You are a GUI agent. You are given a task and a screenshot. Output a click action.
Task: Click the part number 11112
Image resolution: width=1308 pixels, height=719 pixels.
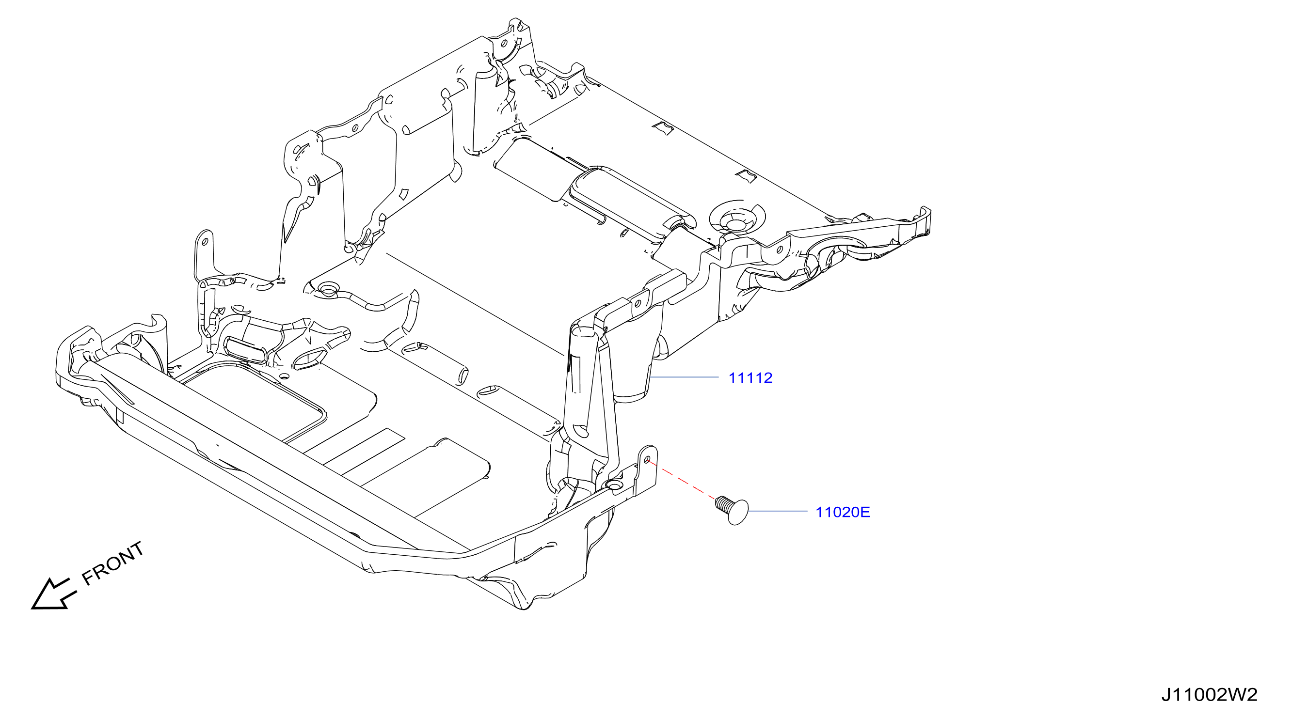[x=750, y=378]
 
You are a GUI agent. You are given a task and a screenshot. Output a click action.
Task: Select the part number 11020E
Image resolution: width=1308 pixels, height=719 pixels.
[x=843, y=512]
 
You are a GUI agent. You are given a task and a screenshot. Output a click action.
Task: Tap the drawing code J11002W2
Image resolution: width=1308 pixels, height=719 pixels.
[x=1209, y=695]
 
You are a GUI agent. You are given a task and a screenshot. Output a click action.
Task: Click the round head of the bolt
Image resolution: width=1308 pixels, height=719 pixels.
[x=738, y=512]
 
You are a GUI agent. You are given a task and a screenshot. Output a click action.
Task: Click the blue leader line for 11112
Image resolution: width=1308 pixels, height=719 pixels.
[x=685, y=377]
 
